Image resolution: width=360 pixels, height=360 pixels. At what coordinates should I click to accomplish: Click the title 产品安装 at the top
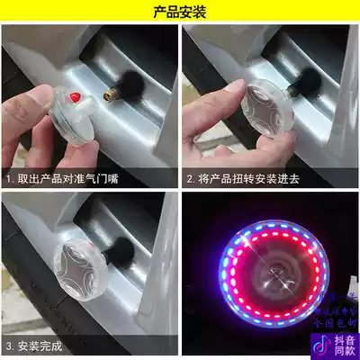tap(179, 12)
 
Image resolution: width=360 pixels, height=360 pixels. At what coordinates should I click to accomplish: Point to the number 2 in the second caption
tap(190, 180)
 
